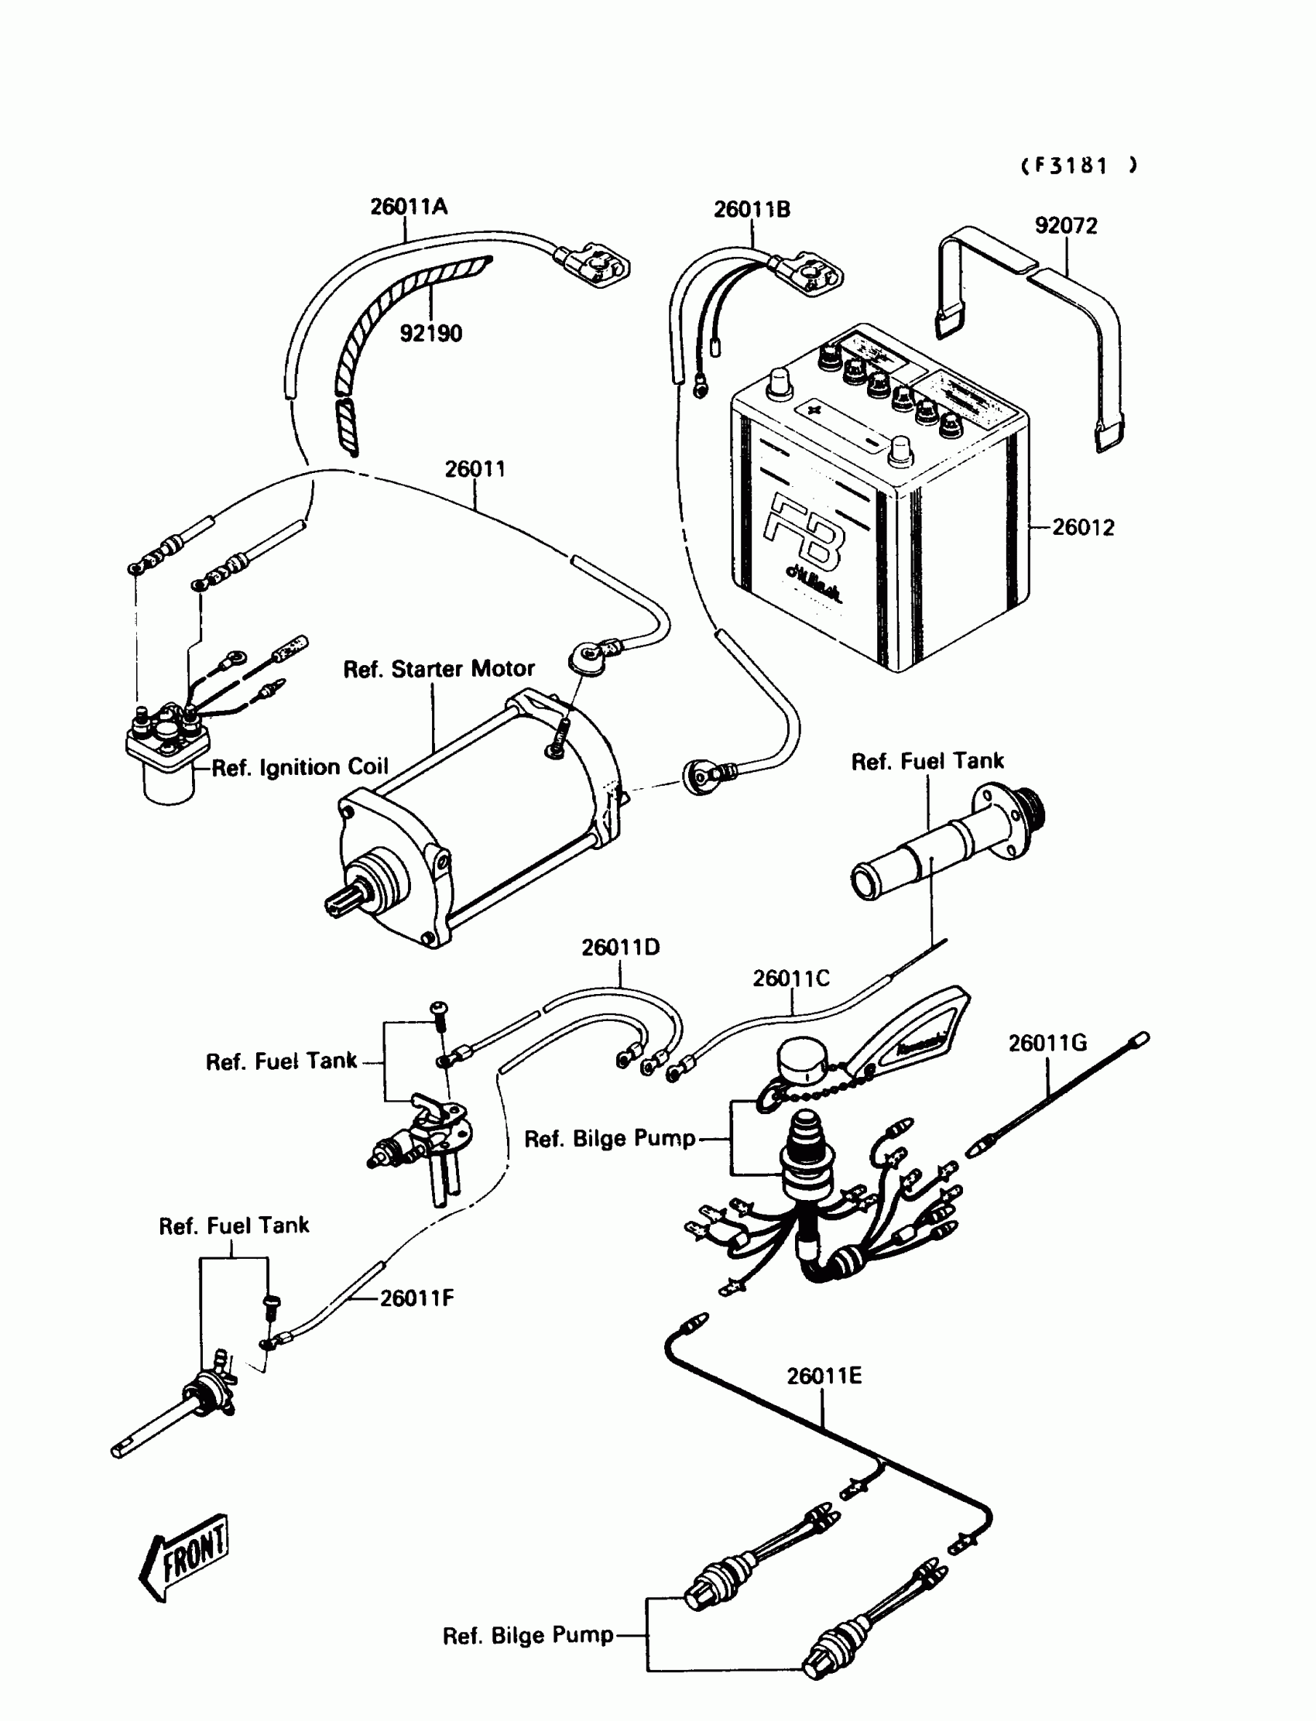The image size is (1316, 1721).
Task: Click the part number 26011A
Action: (x=408, y=207)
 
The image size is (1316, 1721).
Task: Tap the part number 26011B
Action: (x=751, y=210)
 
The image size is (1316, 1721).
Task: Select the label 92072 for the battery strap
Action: (x=1065, y=225)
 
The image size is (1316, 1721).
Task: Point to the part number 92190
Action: (x=431, y=334)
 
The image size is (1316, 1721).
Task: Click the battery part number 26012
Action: (x=1082, y=527)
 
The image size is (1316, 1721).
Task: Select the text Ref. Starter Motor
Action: (x=439, y=669)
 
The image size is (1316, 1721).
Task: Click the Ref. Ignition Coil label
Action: (x=300, y=768)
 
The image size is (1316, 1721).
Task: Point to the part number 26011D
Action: (x=620, y=948)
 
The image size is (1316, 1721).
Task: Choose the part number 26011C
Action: (x=790, y=979)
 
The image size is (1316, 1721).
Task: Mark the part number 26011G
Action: (x=1047, y=1044)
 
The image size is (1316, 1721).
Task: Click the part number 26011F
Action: (x=416, y=1299)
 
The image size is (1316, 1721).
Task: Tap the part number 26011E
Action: (x=824, y=1376)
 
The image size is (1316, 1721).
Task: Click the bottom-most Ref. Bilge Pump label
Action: (x=528, y=1636)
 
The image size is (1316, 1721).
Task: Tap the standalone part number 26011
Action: (x=475, y=469)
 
